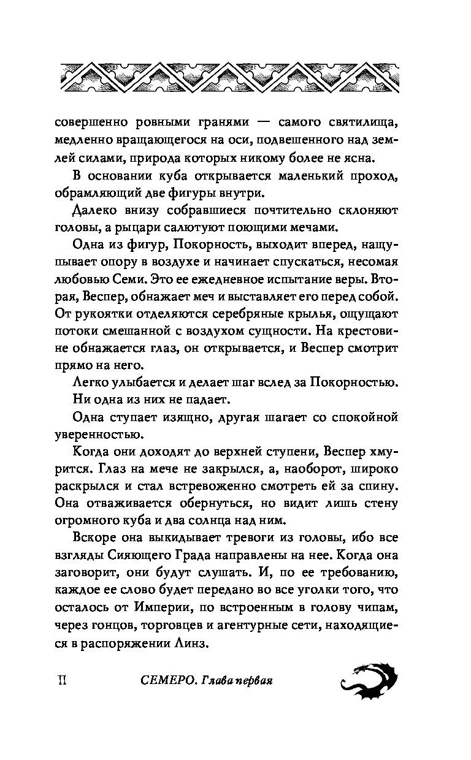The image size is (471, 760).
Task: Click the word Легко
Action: point(92,384)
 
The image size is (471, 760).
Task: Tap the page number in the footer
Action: point(61,682)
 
